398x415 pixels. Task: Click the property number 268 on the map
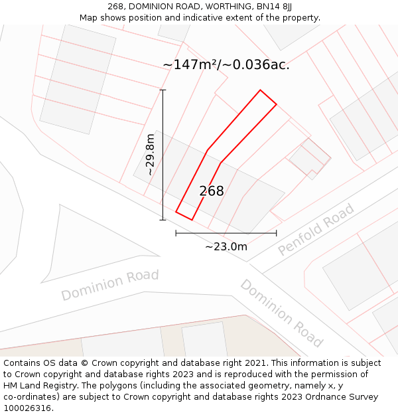coord(212,191)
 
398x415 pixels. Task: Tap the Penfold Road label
coord(316,230)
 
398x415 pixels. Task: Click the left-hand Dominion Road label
coord(110,284)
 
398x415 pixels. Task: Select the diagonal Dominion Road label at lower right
coord(281,313)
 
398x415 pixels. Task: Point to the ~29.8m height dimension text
coord(150,155)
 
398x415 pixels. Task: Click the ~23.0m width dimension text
coord(226,247)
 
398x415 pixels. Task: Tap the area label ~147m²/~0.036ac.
coord(226,64)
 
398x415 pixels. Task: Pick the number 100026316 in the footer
coord(27,408)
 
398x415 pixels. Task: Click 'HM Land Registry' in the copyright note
coord(38,386)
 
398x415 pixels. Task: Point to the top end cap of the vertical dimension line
coord(163,90)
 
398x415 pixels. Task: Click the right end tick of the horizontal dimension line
coord(276,233)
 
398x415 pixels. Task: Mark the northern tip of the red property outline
coord(260,90)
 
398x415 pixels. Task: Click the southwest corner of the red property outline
coord(176,212)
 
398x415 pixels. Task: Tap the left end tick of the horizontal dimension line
coord(176,233)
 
